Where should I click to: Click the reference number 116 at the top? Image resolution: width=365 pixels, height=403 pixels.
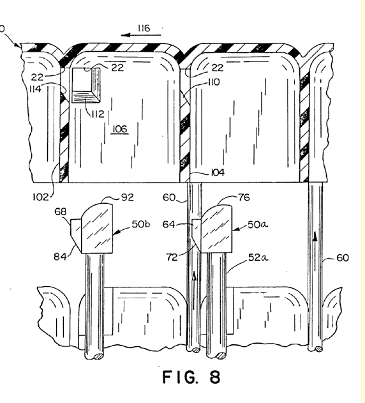tap(144, 28)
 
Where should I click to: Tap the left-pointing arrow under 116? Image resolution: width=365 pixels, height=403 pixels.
tap(141, 35)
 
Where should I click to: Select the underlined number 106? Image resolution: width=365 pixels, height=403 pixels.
tap(120, 129)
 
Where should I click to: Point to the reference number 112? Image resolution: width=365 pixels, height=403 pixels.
tap(98, 114)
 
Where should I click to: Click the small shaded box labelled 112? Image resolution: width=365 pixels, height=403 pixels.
tap(86, 86)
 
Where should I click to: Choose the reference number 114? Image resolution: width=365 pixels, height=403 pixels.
tap(36, 89)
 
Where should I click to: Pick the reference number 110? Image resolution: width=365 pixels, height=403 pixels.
tap(214, 82)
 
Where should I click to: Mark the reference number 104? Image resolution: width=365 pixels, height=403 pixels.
tap(218, 172)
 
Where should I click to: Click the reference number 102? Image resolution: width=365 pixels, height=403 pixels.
tap(41, 197)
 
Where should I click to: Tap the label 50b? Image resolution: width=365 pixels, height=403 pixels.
tap(141, 224)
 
